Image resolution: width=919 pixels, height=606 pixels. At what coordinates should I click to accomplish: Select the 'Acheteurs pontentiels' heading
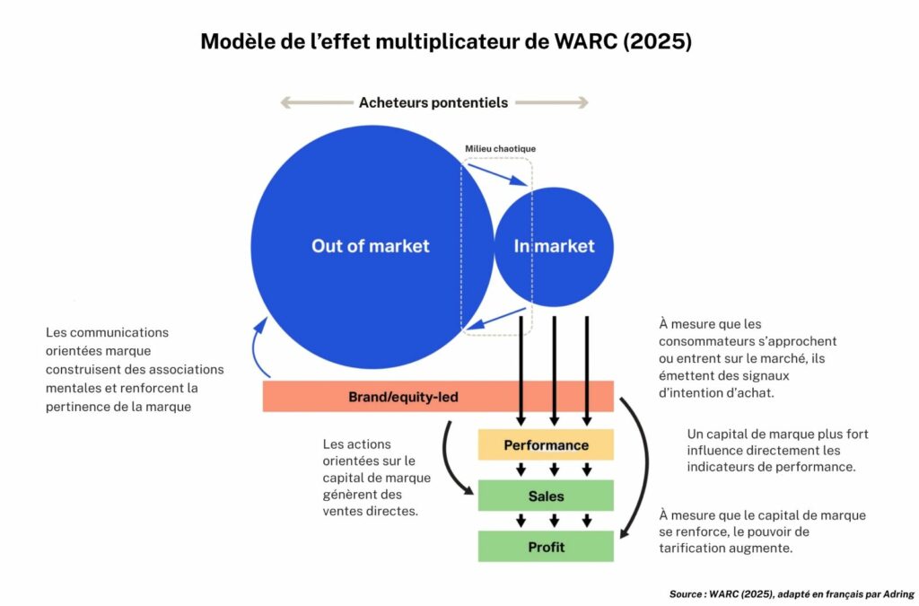(433, 102)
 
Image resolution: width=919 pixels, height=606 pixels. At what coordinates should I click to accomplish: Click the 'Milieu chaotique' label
(500, 148)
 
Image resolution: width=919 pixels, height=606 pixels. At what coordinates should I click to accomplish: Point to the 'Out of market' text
(370, 246)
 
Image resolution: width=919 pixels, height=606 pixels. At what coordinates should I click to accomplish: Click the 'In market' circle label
(554, 246)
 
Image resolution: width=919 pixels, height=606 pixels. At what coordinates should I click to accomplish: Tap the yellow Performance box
(546, 444)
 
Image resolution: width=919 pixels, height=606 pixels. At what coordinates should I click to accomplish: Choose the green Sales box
(546, 496)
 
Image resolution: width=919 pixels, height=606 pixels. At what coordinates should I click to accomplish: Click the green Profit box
(546, 546)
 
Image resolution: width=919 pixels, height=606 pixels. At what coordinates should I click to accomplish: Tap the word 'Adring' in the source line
(893, 594)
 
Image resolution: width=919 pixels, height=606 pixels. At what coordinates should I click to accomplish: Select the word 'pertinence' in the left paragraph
(78, 407)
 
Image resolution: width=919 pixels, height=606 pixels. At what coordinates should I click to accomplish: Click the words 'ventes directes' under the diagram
(369, 511)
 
